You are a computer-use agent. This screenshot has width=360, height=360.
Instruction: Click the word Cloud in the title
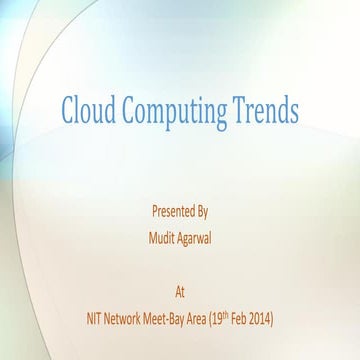(x=89, y=109)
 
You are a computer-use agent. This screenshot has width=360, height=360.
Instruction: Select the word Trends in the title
(x=265, y=109)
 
